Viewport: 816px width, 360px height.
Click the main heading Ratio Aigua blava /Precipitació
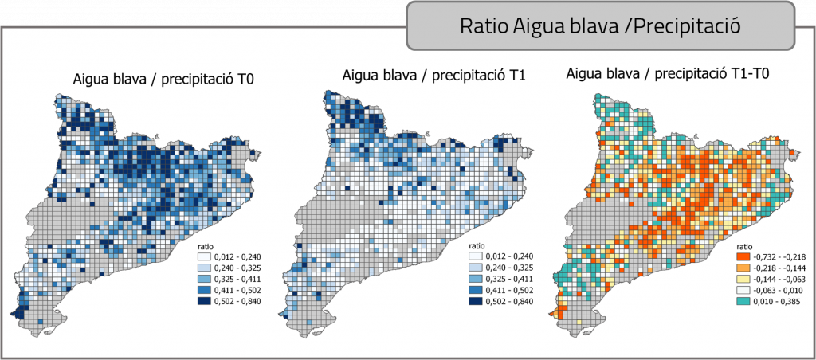click(601, 25)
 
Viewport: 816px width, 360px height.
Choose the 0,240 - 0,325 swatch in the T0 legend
click(206, 267)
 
